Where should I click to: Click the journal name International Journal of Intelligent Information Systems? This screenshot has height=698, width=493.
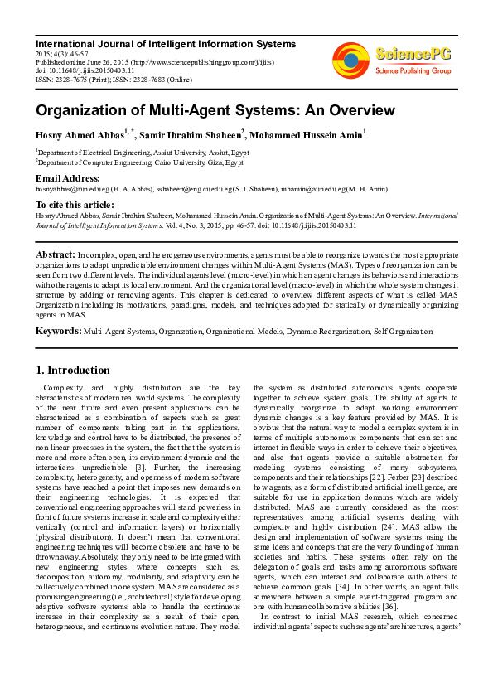click(x=165, y=43)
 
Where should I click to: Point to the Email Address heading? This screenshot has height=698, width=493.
click(x=67, y=178)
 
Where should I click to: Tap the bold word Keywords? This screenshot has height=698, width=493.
click(x=58, y=331)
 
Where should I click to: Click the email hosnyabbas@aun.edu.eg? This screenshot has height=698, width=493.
click(x=72, y=190)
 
